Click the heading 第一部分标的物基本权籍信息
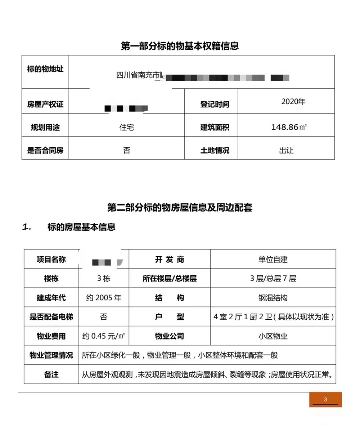[x=180, y=46]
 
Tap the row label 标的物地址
[x=45, y=69]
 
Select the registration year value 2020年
[x=293, y=102]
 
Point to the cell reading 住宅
[x=126, y=127]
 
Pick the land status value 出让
[x=286, y=150]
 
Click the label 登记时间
[x=215, y=105]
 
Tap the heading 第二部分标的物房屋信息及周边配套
[x=180, y=208]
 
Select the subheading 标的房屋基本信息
[x=81, y=227]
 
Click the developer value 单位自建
[x=273, y=259]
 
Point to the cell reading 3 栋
[x=104, y=279]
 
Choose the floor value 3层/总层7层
[x=273, y=279]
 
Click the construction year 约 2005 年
[x=104, y=298]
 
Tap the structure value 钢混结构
[x=273, y=298]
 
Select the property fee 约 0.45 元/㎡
[x=104, y=336]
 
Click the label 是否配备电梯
[x=51, y=317]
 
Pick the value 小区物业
[x=273, y=336]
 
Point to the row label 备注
[x=51, y=374]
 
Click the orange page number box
[x=325, y=399]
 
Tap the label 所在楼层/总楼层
[x=170, y=279]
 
